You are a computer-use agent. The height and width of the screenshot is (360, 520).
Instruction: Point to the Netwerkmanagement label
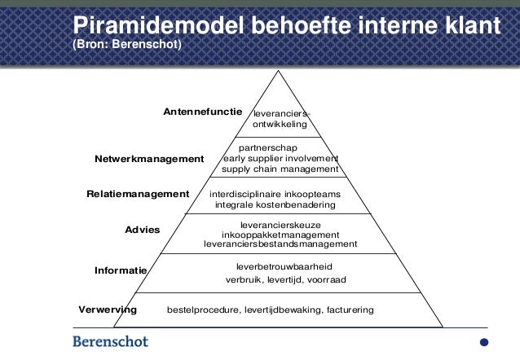tap(149, 159)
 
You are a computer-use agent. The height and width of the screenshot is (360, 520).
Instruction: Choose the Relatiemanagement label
tap(138, 194)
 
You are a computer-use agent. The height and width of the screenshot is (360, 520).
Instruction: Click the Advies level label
tap(142, 230)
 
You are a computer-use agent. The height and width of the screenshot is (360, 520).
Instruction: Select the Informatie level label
tap(121, 270)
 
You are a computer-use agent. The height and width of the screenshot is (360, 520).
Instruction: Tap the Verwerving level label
tap(108, 310)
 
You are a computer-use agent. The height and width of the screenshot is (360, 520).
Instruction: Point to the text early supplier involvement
tap(280, 158)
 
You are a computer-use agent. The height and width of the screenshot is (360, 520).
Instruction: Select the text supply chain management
tap(280, 169)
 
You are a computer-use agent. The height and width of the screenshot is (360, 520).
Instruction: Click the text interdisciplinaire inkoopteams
tap(275, 195)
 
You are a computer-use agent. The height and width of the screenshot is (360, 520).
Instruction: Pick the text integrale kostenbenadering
tap(275, 205)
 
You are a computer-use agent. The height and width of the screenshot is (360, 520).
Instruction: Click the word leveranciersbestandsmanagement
tap(280, 244)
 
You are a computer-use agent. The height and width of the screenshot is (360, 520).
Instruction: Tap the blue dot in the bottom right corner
tap(484, 342)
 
